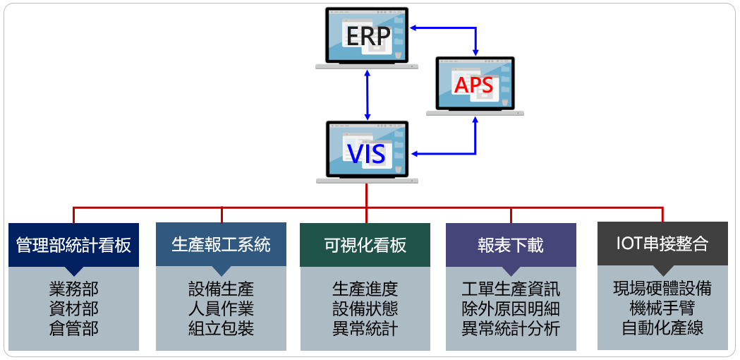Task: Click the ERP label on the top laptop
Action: [368, 37]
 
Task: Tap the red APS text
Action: [473, 85]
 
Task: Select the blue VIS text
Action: [366, 153]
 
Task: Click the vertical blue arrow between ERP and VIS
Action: [367, 95]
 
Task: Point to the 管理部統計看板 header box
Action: [73, 245]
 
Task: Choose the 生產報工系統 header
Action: [221, 245]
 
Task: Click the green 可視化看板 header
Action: [365, 245]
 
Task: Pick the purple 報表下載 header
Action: [511, 245]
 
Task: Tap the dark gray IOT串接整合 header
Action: [662, 244]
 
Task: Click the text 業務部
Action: [73, 289]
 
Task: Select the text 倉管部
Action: [73, 328]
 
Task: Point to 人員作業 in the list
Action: [221, 308]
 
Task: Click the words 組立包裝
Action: [221, 328]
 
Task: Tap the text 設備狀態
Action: [365, 308]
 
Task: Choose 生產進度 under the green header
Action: [365, 289]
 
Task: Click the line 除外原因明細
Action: [511, 308]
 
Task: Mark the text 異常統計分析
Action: [511, 328]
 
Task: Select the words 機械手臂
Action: [662, 308]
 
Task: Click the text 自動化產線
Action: [662, 328]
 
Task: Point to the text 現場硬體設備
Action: [662, 288]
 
